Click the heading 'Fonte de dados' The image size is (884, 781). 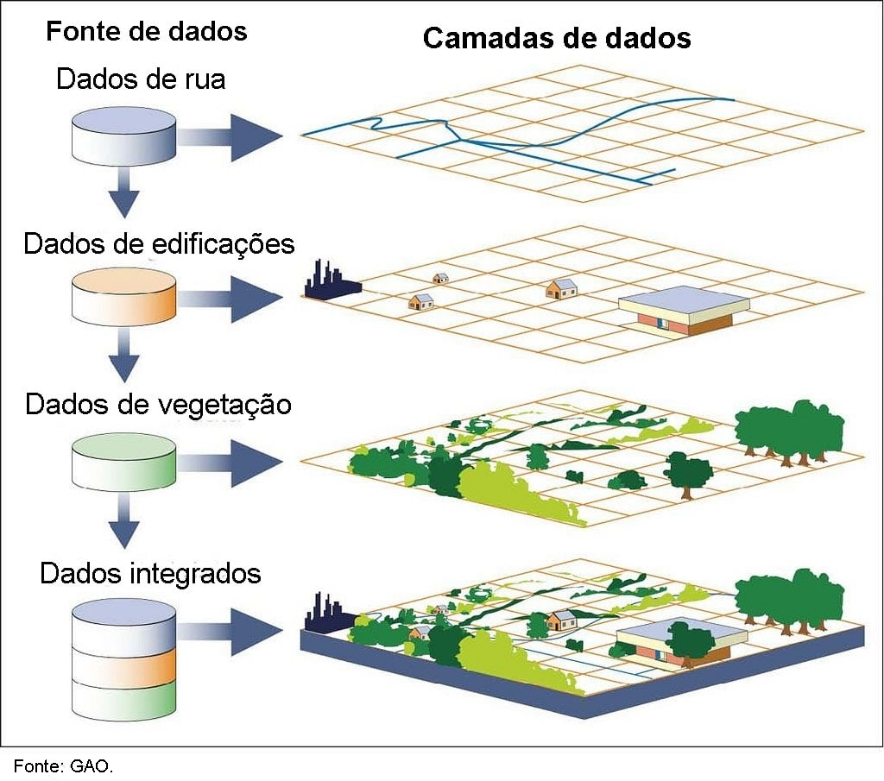pyautogui.click(x=146, y=31)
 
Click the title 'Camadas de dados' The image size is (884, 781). pyautogui.click(x=557, y=38)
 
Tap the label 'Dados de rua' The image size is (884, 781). pyautogui.click(x=141, y=79)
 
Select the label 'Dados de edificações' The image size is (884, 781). pyautogui.click(x=159, y=244)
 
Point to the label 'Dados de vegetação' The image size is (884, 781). pyautogui.click(x=159, y=405)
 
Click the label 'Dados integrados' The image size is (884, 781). pyautogui.click(x=150, y=574)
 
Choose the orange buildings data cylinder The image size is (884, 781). pyautogui.click(x=124, y=297)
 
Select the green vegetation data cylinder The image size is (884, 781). pyautogui.click(x=124, y=462)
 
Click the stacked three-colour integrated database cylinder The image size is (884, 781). pyautogui.click(x=124, y=659)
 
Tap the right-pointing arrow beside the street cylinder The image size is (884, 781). pyautogui.click(x=230, y=137)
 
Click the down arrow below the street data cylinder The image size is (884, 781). pyautogui.click(x=124, y=192)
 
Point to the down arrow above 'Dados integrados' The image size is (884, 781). pyautogui.click(x=124, y=520)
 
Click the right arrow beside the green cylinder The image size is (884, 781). pyautogui.click(x=230, y=462)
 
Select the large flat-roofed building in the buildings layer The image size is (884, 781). pyautogui.click(x=684, y=311)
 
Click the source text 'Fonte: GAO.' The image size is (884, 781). pyautogui.click(x=63, y=765)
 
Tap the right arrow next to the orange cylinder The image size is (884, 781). pyautogui.click(x=230, y=299)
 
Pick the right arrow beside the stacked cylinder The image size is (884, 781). pyautogui.click(x=230, y=632)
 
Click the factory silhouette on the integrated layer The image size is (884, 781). pyautogui.click(x=330, y=613)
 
